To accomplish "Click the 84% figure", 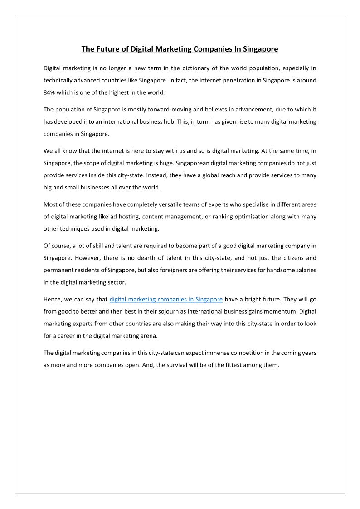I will (x=50, y=93).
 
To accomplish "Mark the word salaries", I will (x=304, y=270).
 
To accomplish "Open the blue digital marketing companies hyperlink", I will (x=166, y=299).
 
